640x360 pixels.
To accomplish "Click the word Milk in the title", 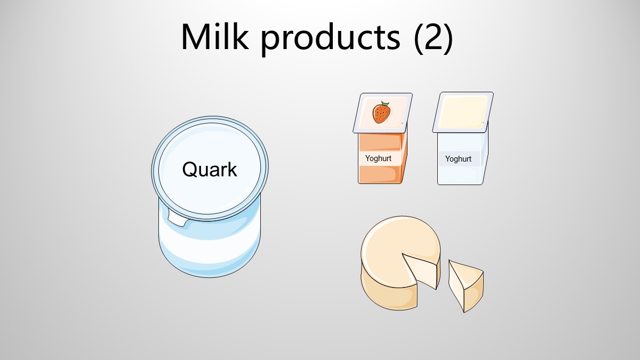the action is (215, 37).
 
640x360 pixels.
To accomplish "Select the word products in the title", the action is (331, 39).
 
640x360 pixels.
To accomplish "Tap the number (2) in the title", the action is (433, 38).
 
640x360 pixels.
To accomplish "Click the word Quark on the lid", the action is (210, 169).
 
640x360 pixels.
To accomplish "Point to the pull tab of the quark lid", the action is (177, 217).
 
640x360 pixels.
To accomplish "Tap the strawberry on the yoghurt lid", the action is (381, 113).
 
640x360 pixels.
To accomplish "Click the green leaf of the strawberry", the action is (385, 103).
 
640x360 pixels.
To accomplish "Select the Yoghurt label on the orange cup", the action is (378, 158).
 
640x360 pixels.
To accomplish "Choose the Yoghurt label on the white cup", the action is (458, 159).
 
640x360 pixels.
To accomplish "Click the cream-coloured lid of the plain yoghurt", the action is (463, 112).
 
